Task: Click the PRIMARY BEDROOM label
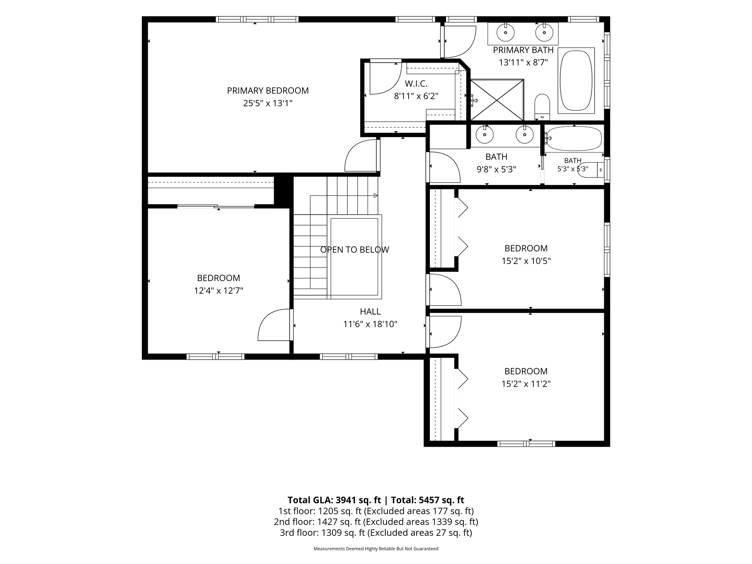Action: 268,91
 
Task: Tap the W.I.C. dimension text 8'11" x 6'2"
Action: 416,96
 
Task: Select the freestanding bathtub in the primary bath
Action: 576,81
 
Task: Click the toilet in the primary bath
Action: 542,107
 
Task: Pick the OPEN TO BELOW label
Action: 354,250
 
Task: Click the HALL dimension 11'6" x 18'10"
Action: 370,324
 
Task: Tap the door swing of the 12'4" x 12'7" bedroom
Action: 274,325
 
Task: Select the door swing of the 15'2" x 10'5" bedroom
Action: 444,289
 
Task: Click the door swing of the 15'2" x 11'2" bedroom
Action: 444,332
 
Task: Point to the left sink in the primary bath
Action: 506,32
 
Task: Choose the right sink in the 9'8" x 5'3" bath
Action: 525,134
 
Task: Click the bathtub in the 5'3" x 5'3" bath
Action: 573,138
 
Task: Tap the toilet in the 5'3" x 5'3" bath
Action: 592,170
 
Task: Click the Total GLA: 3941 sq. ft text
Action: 334,500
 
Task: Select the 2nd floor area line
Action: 376,522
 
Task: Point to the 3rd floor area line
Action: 376,533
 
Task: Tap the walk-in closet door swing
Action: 385,78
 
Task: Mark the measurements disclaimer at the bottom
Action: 376,549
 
